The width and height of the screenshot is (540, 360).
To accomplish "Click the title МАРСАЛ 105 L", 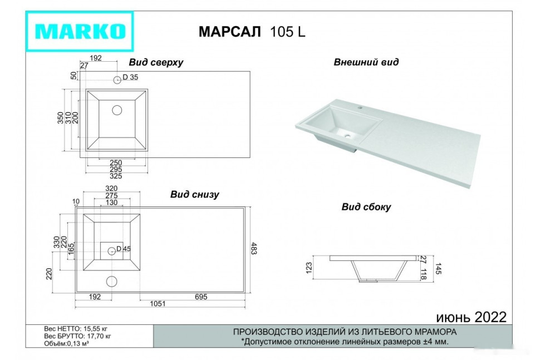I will pyautogui.click(x=252, y=32).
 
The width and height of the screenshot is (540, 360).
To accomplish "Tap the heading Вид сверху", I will pyautogui.click(x=156, y=62).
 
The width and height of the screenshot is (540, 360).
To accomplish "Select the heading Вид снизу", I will pyautogui.click(x=194, y=195).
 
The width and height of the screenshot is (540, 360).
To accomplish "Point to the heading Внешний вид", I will pyautogui.click(x=366, y=62).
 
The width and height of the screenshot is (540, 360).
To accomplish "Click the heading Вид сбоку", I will pyautogui.click(x=366, y=207).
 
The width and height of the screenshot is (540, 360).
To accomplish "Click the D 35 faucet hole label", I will pyautogui.click(x=130, y=77).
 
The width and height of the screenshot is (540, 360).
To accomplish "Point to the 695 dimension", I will pyautogui.click(x=200, y=297).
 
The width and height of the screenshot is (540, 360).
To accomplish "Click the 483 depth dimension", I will pyautogui.click(x=254, y=249).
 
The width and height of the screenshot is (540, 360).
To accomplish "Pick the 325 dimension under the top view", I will pyautogui.click(x=116, y=176).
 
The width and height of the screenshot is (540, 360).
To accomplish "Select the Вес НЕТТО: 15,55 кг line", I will pyautogui.click(x=77, y=329).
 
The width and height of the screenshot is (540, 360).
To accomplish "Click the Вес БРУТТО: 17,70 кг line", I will pyautogui.click(x=77, y=336).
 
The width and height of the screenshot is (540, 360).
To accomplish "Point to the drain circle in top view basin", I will pyautogui.click(x=117, y=110).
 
